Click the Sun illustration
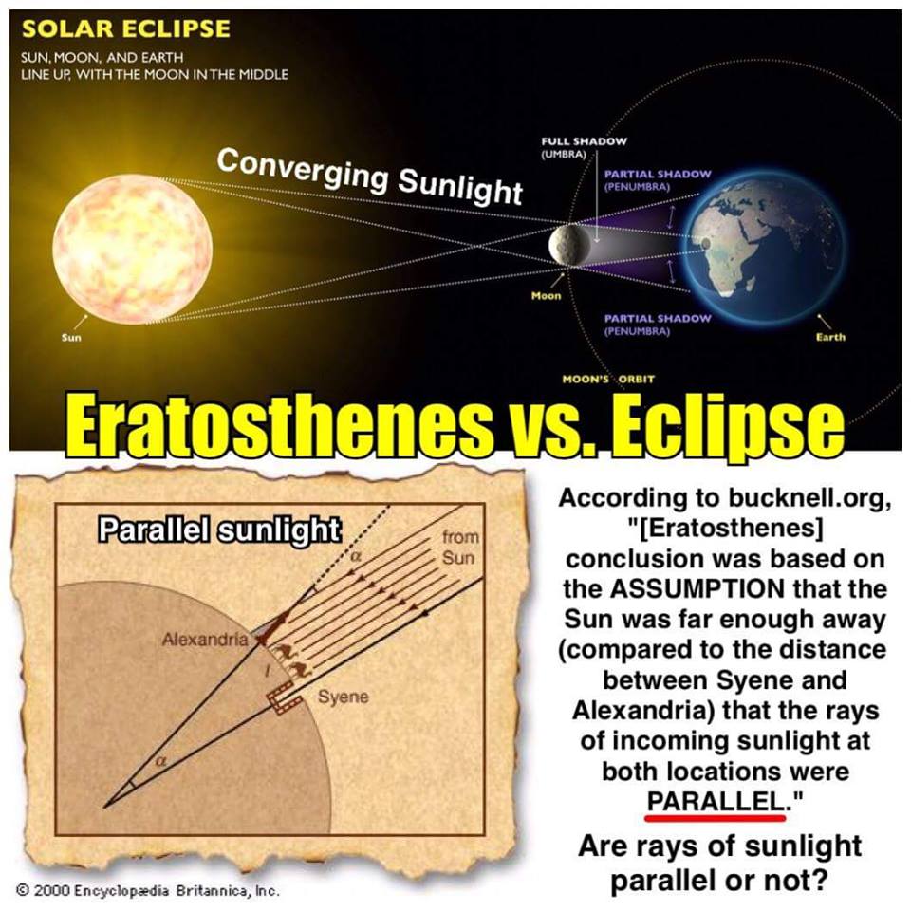[x=133, y=249]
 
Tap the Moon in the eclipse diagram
[x=569, y=244]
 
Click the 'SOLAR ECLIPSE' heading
[x=125, y=28]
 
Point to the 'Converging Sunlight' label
[x=370, y=177]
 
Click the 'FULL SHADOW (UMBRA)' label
[x=584, y=148]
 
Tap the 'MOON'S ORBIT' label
[x=608, y=379]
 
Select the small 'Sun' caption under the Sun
[x=71, y=337]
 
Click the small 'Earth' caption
[x=830, y=336]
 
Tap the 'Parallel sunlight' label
[x=219, y=530]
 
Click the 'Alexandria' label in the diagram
[x=205, y=640]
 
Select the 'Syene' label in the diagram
[x=343, y=697]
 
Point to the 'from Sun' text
[x=459, y=547]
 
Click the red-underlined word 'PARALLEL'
[x=716, y=802]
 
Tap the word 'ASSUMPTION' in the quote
[x=697, y=589]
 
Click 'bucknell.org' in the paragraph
[x=808, y=498]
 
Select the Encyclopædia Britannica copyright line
[x=148, y=889]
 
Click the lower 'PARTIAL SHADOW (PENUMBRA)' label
[x=657, y=325]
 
